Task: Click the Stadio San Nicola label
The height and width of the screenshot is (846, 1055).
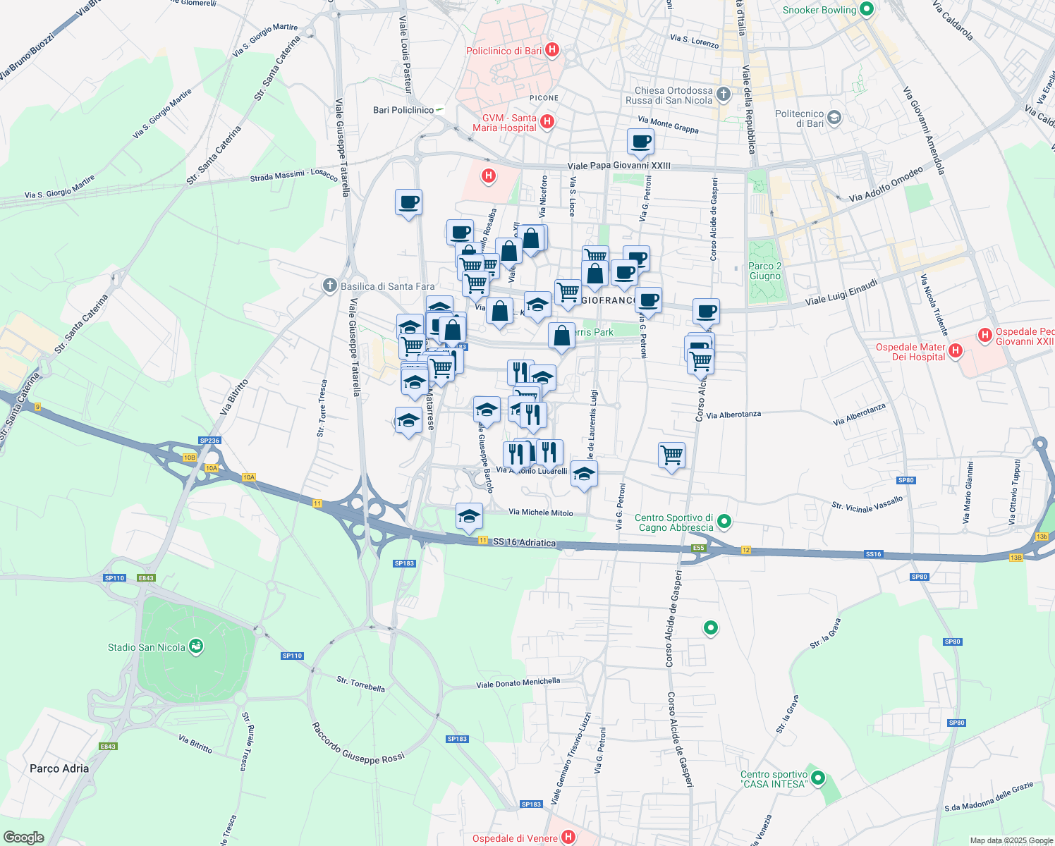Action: pyautogui.click(x=147, y=647)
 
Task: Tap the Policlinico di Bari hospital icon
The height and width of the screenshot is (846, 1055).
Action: pyautogui.click(x=553, y=50)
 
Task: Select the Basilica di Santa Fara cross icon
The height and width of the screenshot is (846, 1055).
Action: pyautogui.click(x=329, y=286)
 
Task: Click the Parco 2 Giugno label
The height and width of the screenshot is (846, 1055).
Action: pyautogui.click(x=765, y=271)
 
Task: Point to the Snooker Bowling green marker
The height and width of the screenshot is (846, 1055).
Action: pyautogui.click(x=867, y=10)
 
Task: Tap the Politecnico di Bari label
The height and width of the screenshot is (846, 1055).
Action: pyautogui.click(x=799, y=118)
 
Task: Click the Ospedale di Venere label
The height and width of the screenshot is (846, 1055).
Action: pyautogui.click(x=515, y=838)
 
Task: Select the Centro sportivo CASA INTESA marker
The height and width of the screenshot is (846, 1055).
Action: pyautogui.click(x=817, y=778)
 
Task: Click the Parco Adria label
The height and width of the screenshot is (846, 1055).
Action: pyautogui.click(x=59, y=768)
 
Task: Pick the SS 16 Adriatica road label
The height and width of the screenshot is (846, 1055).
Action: pyautogui.click(x=524, y=542)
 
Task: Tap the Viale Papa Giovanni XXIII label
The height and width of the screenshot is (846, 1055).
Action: pyautogui.click(x=618, y=166)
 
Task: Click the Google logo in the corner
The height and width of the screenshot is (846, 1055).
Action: pyautogui.click(x=24, y=837)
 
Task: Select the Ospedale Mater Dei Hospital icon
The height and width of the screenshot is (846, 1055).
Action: pyautogui.click(x=955, y=350)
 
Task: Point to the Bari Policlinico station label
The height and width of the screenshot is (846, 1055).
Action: pyautogui.click(x=403, y=110)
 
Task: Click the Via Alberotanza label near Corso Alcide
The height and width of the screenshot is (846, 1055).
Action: pyautogui.click(x=733, y=415)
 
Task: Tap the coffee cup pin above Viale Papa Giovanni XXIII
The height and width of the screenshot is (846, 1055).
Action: pyautogui.click(x=640, y=142)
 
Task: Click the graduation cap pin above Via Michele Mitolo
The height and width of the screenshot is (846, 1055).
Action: pyautogui.click(x=469, y=517)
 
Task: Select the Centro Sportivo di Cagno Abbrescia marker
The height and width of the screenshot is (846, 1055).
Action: pyautogui.click(x=724, y=522)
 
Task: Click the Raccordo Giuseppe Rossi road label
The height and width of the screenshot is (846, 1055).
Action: pyautogui.click(x=358, y=744)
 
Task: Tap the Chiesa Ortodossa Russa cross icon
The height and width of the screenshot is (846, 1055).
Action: pyautogui.click(x=723, y=94)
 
